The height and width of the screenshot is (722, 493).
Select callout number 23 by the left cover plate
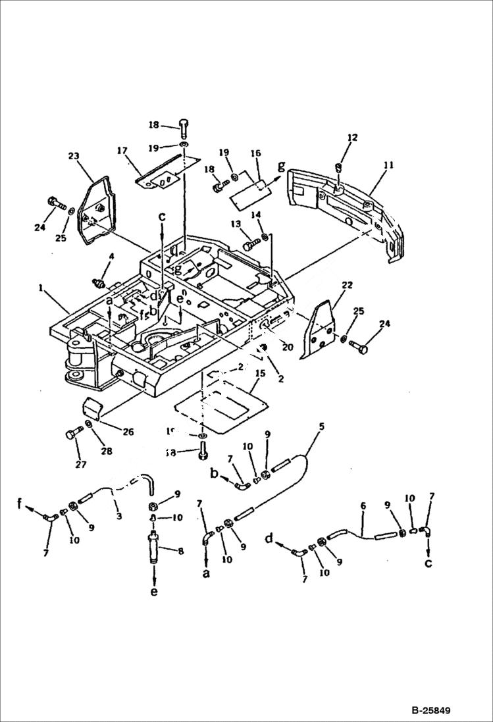pos(74,157)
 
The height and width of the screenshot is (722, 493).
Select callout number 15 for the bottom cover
pos(260,373)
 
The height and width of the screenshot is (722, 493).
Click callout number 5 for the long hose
pos(321,426)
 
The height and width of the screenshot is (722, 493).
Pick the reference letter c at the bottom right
pos(429,563)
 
